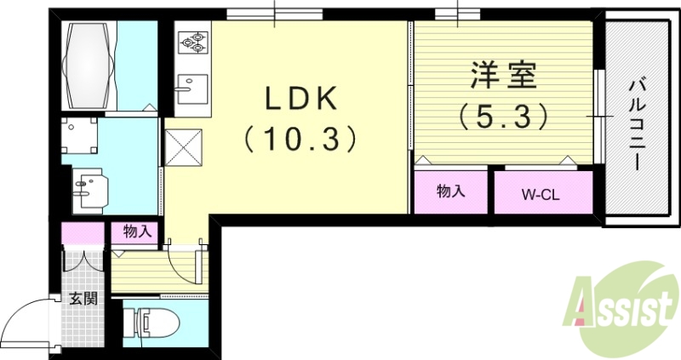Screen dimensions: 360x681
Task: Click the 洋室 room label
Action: pyautogui.click(x=504, y=77)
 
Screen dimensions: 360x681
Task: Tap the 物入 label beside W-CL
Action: pyautogui.click(x=450, y=191)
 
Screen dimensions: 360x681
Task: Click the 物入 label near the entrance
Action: pyautogui.click(x=136, y=231)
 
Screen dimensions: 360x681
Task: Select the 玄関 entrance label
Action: pyautogui.click(x=83, y=299)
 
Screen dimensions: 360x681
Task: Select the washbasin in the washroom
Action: pyautogui.click(x=90, y=187)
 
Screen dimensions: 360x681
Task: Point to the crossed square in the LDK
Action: pyautogui.click(x=182, y=147)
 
